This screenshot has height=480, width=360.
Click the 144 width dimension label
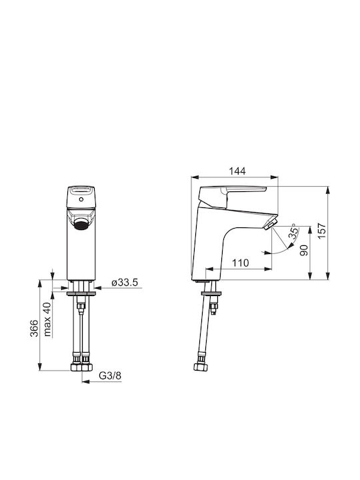[x=237, y=171]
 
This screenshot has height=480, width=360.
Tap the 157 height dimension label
[x=322, y=231]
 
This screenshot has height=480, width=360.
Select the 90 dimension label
[x=304, y=251]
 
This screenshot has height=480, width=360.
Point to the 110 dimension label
[x=240, y=263]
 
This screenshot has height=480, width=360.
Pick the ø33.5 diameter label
[x=125, y=283]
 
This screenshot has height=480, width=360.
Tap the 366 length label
[x=34, y=328]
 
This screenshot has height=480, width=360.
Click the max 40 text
[x=47, y=319]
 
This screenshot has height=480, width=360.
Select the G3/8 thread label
[x=110, y=375]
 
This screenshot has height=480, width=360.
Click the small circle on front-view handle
[x=81, y=199]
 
